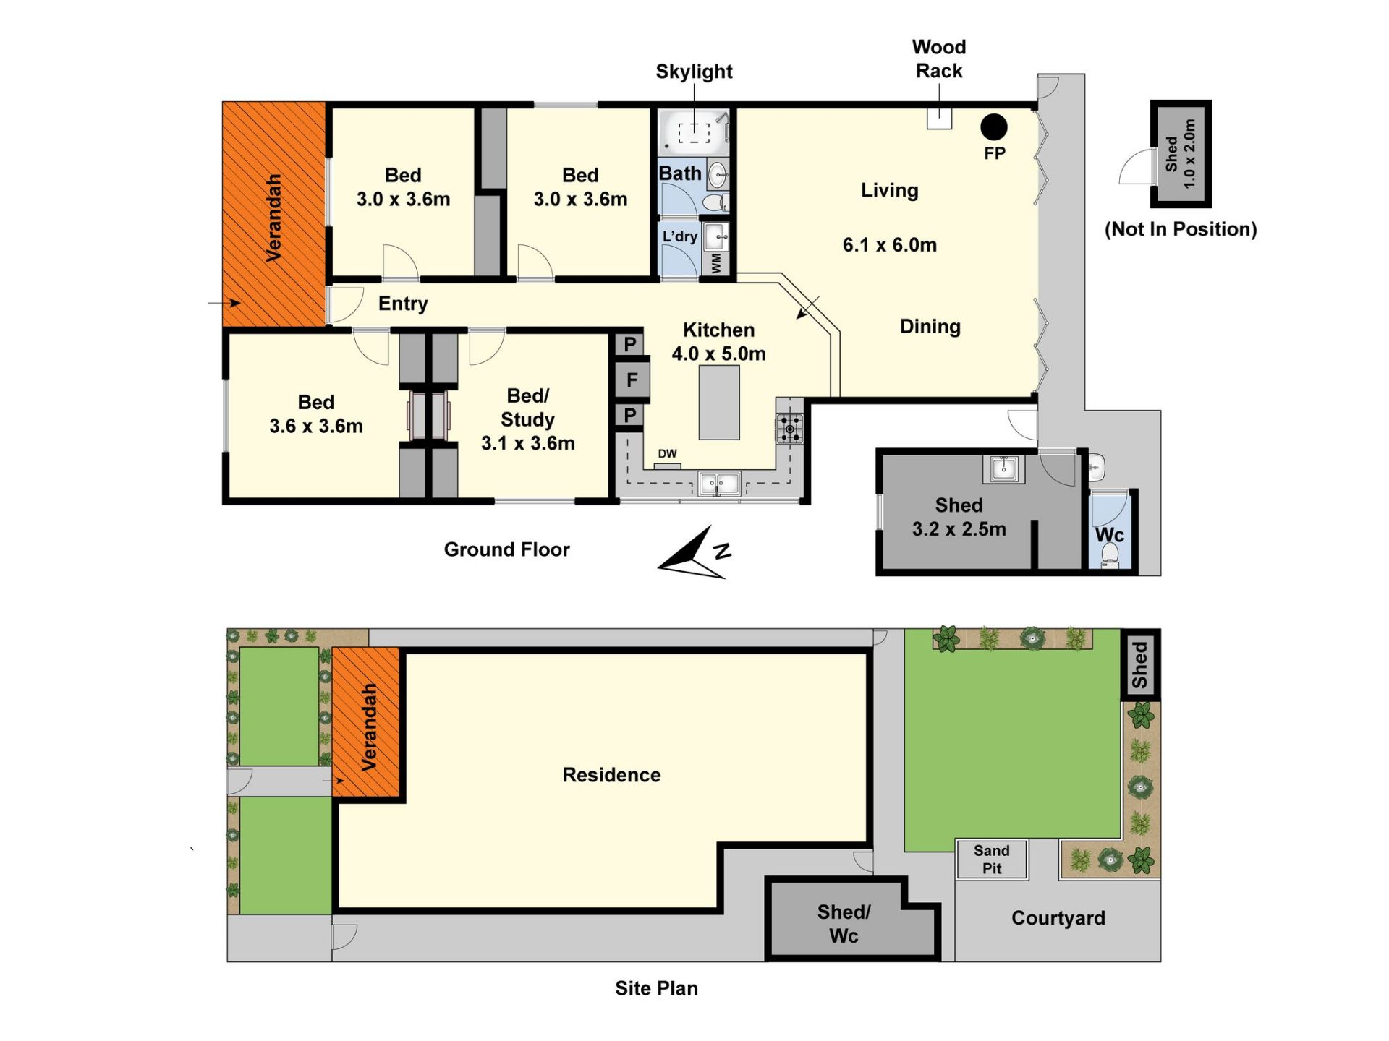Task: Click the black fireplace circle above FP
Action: [x=993, y=127]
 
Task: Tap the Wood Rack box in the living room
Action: [x=939, y=119]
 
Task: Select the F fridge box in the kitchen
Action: [x=632, y=380]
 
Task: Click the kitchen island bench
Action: [x=719, y=402]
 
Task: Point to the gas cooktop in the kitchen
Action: [x=789, y=428]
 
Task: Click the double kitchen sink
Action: [x=718, y=483]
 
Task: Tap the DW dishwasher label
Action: [x=667, y=454]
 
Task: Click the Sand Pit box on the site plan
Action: [x=992, y=860]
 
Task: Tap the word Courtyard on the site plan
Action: [x=1058, y=918]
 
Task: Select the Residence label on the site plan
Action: [x=611, y=775]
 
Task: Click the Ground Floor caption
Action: [x=506, y=549]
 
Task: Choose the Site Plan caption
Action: [x=656, y=988]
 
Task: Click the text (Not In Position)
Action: [x=1181, y=229]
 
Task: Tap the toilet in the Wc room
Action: [x=1109, y=554]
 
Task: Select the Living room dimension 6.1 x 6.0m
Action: [x=889, y=245]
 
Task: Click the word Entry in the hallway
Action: [x=403, y=304]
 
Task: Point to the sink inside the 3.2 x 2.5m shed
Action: [x=1003, y=468]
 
